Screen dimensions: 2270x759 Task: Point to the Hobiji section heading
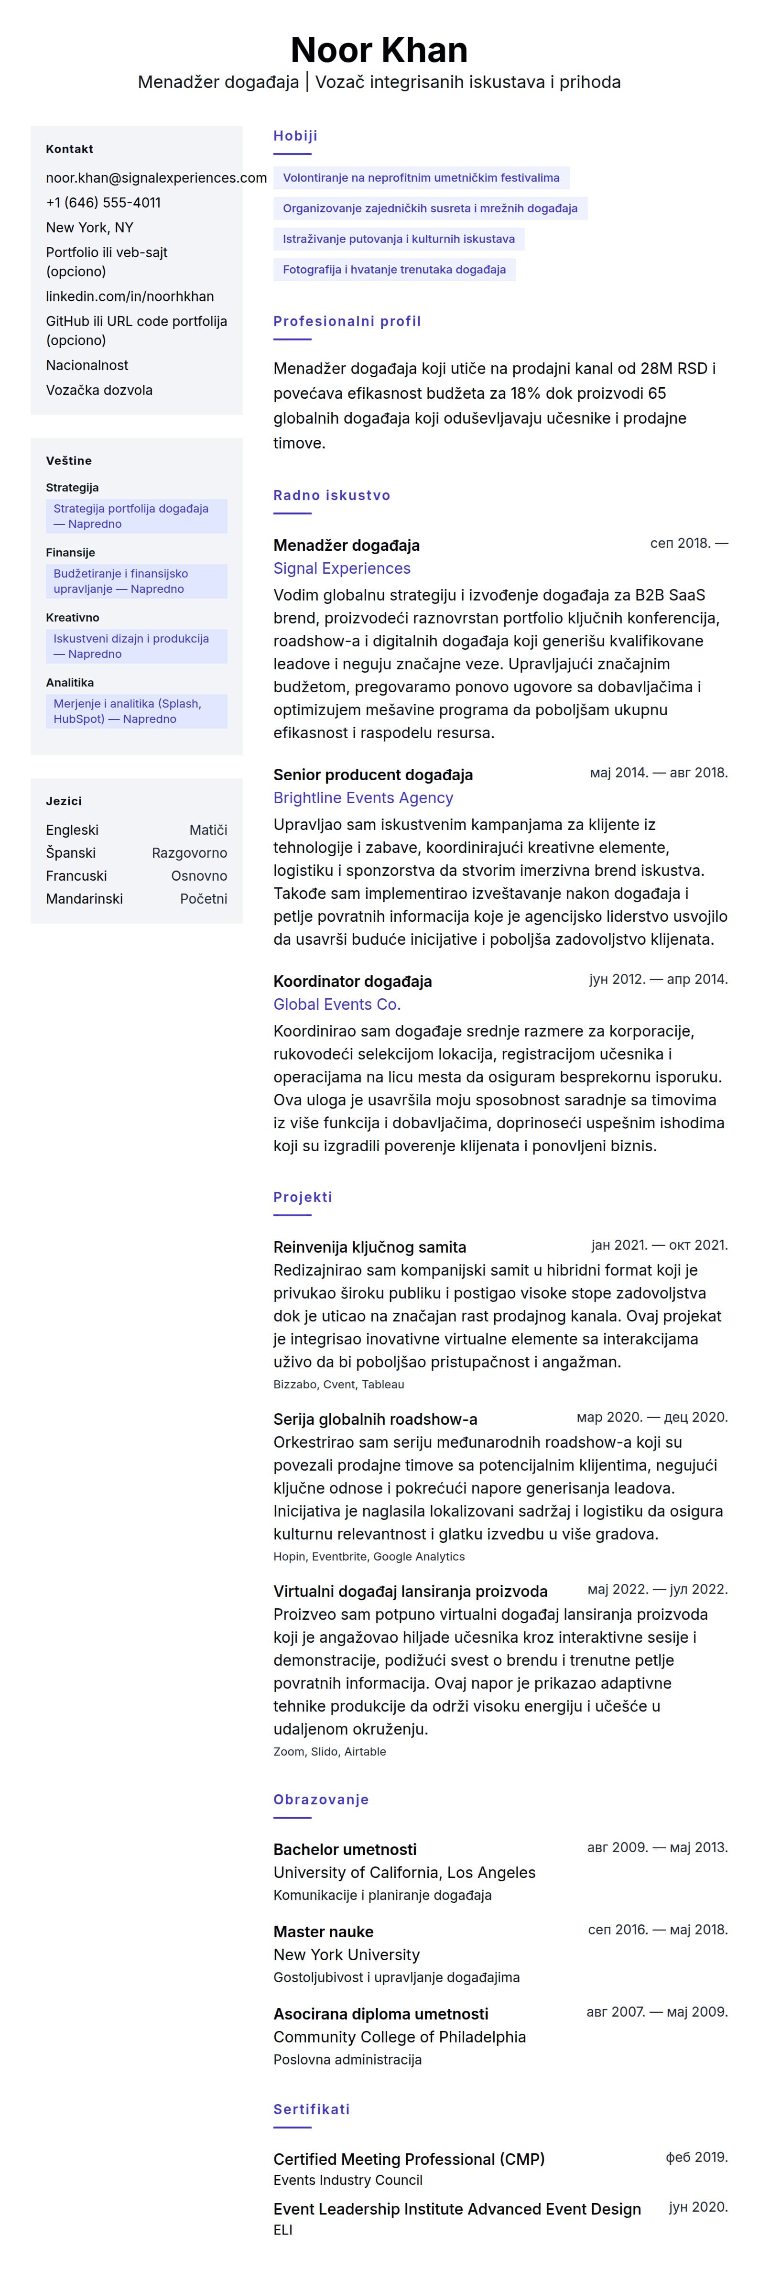[x=295, y=136]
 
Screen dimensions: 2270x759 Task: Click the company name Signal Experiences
[x=342, y=568]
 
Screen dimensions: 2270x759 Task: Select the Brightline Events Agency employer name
[x=363, y=797]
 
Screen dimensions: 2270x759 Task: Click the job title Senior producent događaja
[x=372, y=775]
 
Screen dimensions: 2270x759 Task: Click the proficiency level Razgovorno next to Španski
[x=189, y=853]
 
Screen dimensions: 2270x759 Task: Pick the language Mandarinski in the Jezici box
[x=85, y=899]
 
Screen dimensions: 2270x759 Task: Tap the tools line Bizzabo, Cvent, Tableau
[x=338, y=1385]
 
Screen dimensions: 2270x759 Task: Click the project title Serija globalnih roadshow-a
[x=375, y=1419]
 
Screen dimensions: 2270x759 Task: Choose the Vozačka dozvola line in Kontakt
[x=98, y=391]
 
